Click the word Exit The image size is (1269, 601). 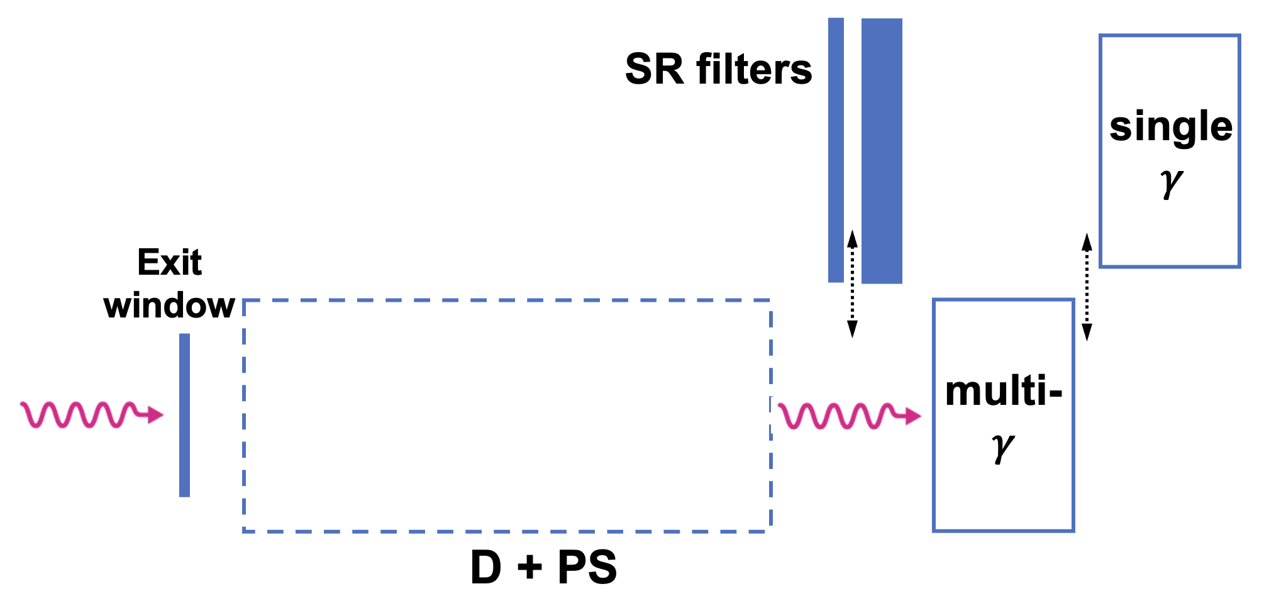coord(169,262)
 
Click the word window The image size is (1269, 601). coord(169,306)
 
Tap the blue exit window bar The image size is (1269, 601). coord(184,415)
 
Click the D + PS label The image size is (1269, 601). coord(543,567)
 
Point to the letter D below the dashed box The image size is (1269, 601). coord(486,567)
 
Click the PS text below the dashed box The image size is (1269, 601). coord(587,567)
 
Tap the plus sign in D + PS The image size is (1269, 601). coord(529,567)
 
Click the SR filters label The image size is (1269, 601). coord(718,69)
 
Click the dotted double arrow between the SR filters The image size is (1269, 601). coord(852,284)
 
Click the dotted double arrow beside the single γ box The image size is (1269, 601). coord(1087,287)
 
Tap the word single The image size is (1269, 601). coord(1171,126)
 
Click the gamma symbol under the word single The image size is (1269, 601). coord(1171,183)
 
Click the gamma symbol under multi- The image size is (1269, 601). coord(1003,447)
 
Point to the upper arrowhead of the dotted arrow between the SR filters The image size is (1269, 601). coord(852,238)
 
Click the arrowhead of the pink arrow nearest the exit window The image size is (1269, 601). coord(155,415)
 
